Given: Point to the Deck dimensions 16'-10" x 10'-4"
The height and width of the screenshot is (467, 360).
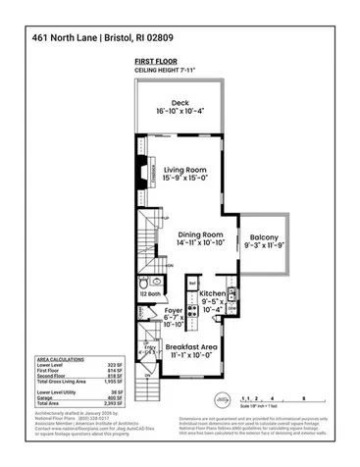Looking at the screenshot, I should click(180, 113).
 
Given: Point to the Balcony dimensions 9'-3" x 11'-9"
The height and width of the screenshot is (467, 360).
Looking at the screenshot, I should click(264, 248).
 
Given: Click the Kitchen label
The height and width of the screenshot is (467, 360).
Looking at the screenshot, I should click(213, 293).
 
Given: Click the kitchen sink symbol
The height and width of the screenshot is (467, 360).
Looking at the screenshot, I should click(232, 292).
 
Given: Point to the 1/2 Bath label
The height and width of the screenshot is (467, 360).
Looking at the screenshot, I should click(148, 293).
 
